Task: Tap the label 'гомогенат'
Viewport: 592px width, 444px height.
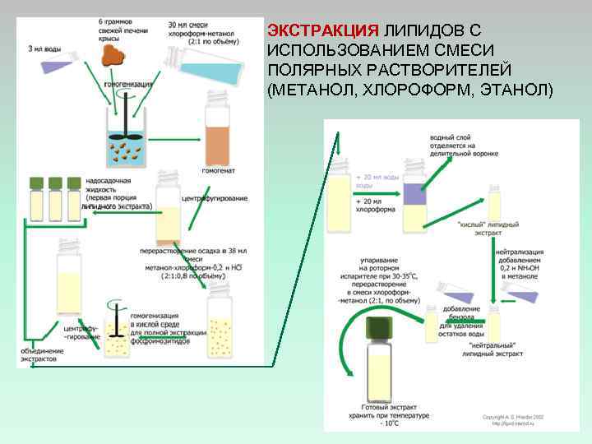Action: (218, 172)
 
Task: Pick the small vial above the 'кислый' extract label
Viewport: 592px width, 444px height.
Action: (494, 201)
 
